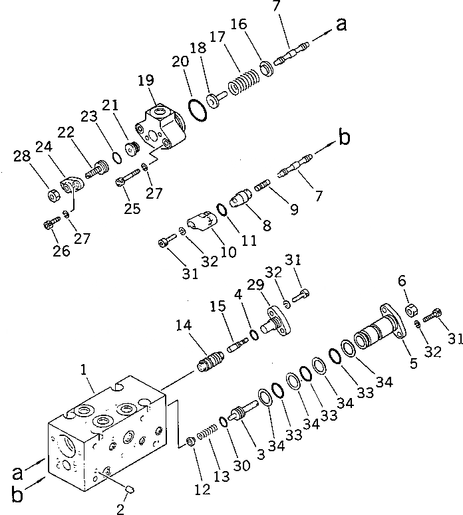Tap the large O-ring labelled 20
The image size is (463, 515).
coord(196,108)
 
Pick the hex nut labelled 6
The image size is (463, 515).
coord(410,308)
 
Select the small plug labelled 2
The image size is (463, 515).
coord(130,490)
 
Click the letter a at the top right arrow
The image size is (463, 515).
coord(341,25)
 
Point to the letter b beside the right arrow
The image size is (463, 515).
coord(344,138)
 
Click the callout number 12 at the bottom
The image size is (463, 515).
coord(202,490)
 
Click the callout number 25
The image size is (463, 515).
coord(132,209)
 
